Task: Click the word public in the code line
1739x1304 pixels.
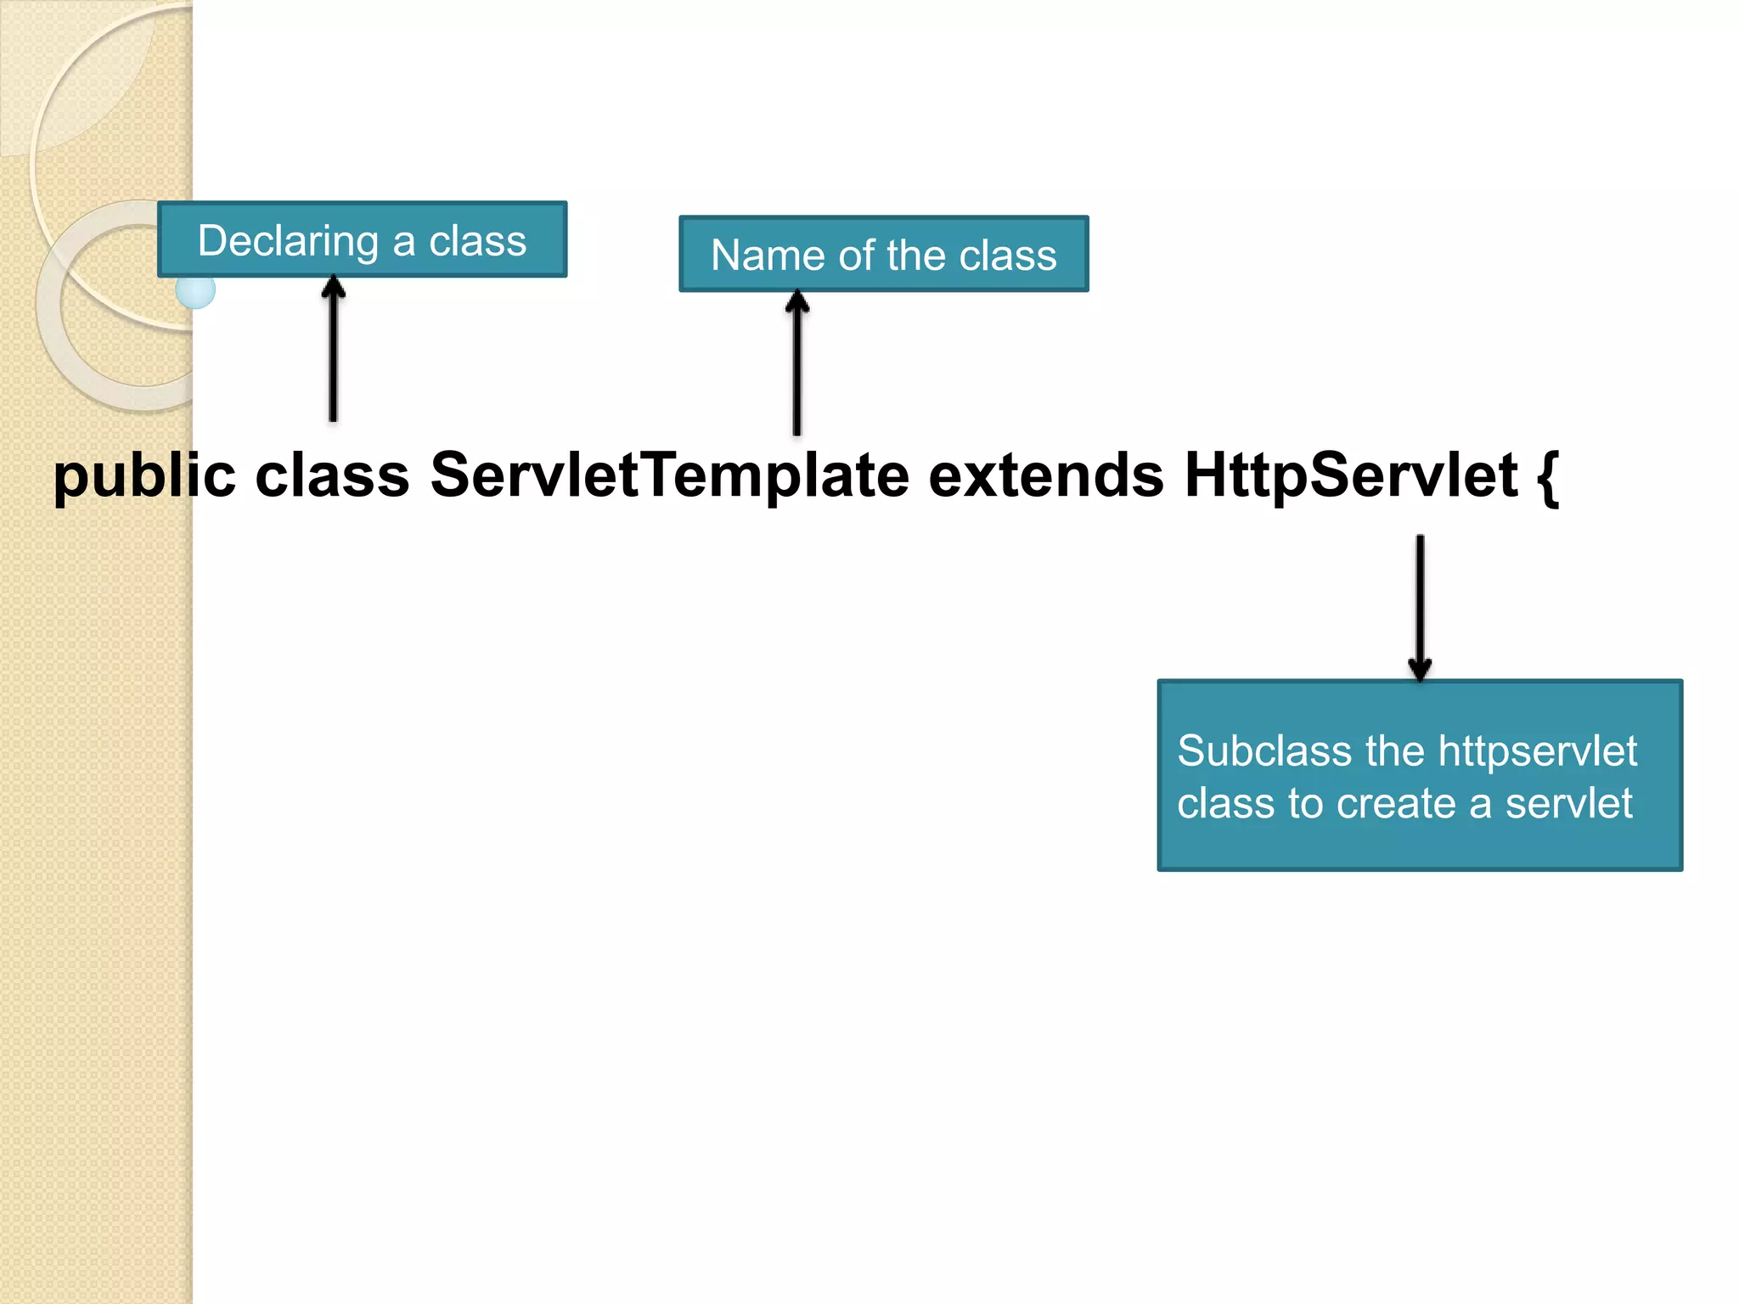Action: pos(144,477)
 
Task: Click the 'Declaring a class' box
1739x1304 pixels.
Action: pos(363,239)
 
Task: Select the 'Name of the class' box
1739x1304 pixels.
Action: pos(883,254)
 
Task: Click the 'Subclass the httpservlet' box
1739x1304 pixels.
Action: pos(1419,775)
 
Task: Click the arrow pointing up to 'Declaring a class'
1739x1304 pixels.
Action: pos(334,348)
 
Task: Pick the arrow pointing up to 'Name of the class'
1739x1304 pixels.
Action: pos(796,363)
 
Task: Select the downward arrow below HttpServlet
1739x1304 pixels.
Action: pos(1420,606)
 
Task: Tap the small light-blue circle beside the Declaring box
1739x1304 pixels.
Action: pos(195,291)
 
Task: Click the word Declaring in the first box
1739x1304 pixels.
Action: pos(287,241)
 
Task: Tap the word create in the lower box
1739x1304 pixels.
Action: pos(1395,803)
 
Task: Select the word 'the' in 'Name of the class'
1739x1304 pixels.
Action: pos(916,255)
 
